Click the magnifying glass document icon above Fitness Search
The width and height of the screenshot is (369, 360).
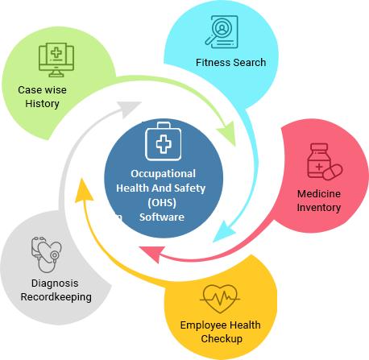[x=222, y=31]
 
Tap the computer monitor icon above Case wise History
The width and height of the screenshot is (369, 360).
[x=56, y=60]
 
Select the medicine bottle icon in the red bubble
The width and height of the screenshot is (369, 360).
[x=325, y=162]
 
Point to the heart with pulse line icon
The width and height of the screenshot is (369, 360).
[x=220, y=299]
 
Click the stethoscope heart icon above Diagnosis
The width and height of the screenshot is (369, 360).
[x=47, y=254]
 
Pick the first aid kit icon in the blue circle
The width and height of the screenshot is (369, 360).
[x=164, y=141]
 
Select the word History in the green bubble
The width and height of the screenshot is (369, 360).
[x=42, y=104]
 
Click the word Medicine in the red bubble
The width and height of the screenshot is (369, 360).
[x=319, y=193]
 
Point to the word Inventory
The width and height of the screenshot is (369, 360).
[x=319, y=208]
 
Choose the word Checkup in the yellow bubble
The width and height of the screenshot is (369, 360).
[x=222, y=338]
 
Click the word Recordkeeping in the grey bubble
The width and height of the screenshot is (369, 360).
[x=56, y=297]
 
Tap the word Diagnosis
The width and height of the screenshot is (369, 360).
[x=55, y=283]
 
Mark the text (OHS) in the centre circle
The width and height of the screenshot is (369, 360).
[x=162, y=202]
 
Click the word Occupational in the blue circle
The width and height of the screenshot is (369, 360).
[x=163, y=174]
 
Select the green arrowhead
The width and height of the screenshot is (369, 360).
[x=227, y=133]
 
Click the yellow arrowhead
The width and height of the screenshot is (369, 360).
[x=83, y=191]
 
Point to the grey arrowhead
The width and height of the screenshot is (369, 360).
[x=130, y=108]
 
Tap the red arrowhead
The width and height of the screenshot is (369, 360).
[x=151, y=253]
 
